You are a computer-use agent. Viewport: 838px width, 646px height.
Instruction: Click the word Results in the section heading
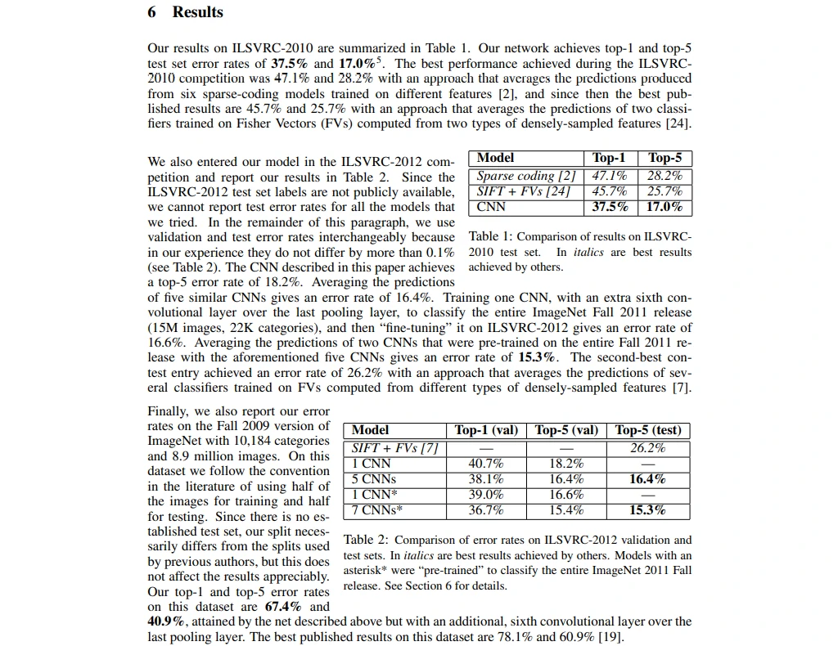(197, 12)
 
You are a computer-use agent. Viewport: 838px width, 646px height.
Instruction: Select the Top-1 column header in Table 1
(609, 158)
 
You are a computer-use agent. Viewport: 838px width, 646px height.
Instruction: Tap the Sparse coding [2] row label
(526, 176)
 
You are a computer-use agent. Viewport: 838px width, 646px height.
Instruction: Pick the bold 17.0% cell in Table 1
(664, 207)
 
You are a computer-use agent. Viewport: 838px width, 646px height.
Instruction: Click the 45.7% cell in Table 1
(609, 191)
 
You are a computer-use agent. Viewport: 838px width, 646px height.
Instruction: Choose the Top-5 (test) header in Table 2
(648, 430)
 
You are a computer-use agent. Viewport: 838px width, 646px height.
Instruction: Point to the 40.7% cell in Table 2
(486, 464)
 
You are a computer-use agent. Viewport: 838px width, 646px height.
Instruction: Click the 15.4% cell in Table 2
(566, 510)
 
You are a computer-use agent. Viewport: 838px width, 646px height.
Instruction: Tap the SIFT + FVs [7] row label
(395, 448)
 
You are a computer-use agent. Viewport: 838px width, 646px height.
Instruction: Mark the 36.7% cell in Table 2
(486, 510)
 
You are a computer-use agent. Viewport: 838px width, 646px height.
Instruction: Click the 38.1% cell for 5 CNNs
(486, 479)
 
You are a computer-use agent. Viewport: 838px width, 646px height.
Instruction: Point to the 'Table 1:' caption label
(491, 236)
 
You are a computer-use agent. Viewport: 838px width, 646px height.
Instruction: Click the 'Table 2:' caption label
(366, 540)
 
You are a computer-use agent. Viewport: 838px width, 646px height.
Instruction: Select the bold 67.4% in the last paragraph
(283, 606)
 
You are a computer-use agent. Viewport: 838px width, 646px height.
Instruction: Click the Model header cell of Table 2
(371, 430)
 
